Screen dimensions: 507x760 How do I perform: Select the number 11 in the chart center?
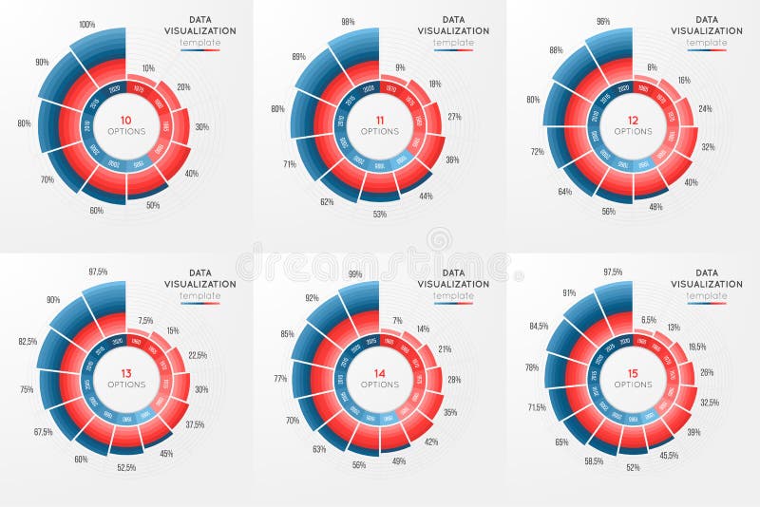click(379, 121)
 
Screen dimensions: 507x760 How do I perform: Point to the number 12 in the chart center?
click(633, 121)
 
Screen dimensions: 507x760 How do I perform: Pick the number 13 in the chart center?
click(125, 373)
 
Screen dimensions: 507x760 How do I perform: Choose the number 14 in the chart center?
click(379, 373)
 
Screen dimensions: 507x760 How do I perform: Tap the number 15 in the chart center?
click(633, 373)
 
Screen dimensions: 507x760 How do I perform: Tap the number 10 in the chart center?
click(125, 121)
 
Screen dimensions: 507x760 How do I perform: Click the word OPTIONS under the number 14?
click(379, 385)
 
